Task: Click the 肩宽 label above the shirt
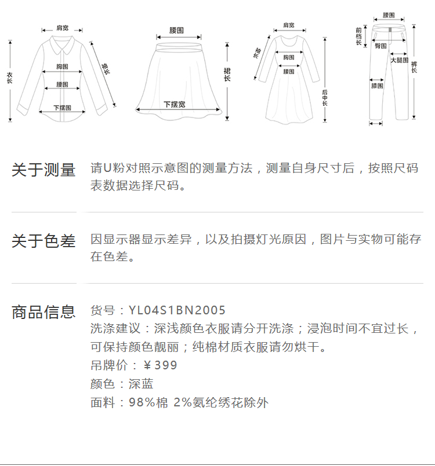point(62,28)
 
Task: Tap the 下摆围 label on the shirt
point(62,108)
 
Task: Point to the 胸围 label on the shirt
point(63,67)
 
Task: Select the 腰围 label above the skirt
point(176,30)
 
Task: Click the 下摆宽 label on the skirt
point(174,104)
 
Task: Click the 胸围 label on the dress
point(288,57)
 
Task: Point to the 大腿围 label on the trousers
point(399,60)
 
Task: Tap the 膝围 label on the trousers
point(377,86)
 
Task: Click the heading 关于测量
point(43,170)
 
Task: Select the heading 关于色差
point(43,241)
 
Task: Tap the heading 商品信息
point(43,312)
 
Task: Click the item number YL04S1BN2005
point(177,311)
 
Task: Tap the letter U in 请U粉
point(107,168)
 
